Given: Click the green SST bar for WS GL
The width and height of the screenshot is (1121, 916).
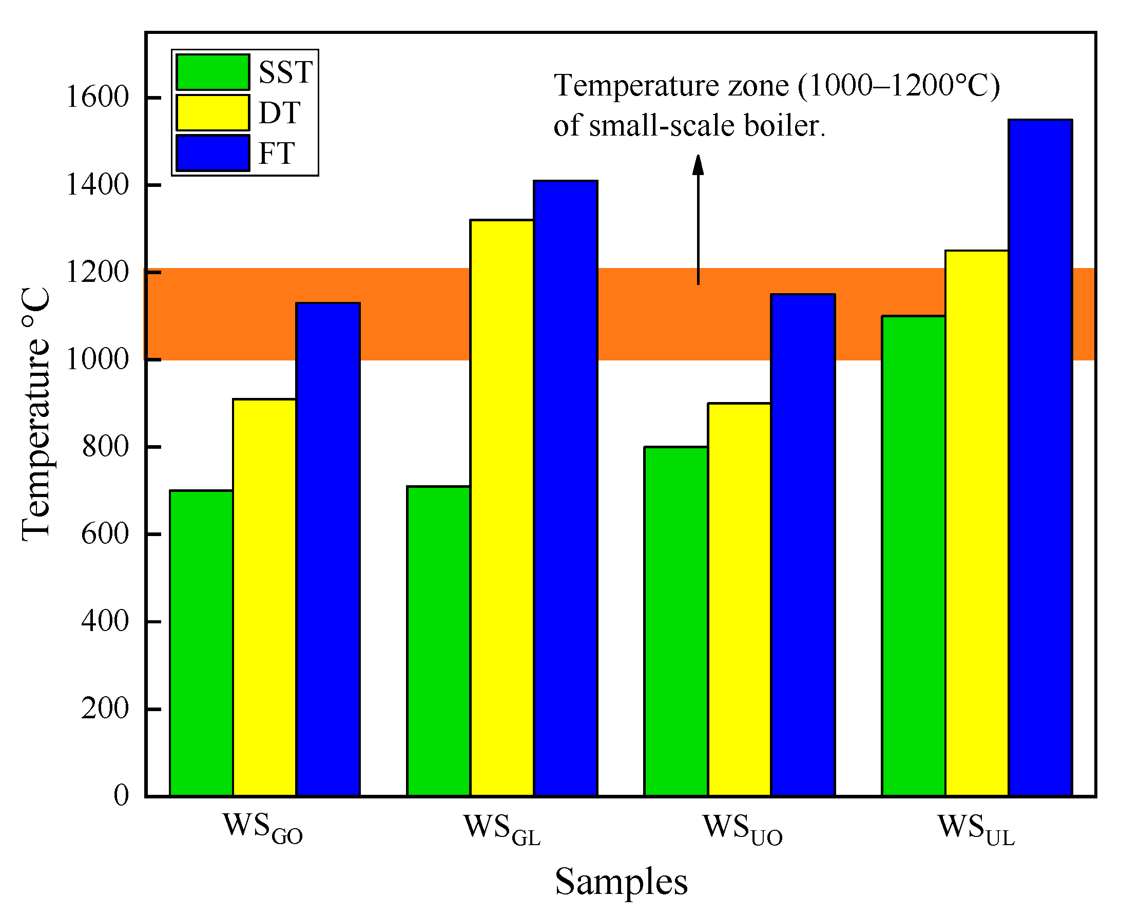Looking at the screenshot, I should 438,641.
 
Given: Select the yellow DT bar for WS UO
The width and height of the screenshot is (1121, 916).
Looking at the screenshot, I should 739,599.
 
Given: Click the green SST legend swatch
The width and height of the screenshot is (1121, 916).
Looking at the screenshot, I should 212,72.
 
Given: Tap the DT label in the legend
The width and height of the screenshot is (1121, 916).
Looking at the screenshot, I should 279,112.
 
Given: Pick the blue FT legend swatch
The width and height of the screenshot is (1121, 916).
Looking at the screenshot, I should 212,153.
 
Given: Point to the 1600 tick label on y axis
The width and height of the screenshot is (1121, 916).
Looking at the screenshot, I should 97,98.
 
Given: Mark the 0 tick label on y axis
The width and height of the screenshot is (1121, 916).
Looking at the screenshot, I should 121,795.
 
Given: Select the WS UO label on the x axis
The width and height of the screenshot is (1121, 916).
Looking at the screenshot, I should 742,829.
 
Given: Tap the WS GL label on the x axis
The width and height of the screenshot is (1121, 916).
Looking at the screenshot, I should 501,829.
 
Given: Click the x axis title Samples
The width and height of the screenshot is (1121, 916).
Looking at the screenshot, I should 621,882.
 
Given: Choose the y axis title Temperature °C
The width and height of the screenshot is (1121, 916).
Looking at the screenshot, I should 36,414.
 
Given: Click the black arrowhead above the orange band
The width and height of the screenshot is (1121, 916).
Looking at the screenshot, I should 698,165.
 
